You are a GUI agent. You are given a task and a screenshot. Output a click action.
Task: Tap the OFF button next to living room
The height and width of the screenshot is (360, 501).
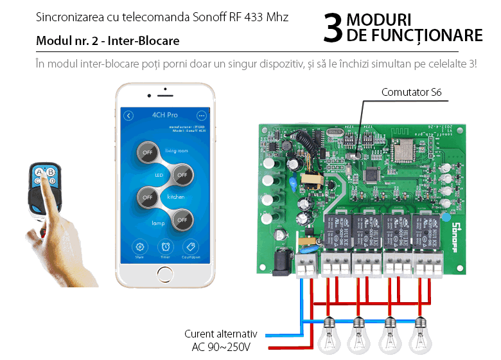pos(148,152)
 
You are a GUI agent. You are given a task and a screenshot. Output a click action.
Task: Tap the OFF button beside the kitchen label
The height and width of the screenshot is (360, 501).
pos(148,197)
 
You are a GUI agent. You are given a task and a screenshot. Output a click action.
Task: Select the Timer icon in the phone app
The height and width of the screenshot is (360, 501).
pos(165,248)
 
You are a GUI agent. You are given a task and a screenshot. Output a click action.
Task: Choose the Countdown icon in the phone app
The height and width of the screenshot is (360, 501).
pos(190,248)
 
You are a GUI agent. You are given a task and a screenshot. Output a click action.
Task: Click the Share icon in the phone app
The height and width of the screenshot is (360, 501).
pos(139,248)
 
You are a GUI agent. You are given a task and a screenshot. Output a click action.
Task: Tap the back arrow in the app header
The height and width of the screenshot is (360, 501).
pos(129,116)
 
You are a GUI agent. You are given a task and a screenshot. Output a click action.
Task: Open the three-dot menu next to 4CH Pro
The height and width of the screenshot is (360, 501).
pos(201,116)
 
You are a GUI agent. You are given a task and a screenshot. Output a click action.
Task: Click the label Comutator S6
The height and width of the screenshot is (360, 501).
pos(411,93)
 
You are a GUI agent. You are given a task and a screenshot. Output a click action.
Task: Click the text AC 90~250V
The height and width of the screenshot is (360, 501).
pos(220,347)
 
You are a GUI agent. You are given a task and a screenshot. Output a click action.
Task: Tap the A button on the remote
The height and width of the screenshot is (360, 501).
pos(39,172)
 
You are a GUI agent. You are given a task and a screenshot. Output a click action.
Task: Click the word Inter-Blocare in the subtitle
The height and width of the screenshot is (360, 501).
pos(143,41)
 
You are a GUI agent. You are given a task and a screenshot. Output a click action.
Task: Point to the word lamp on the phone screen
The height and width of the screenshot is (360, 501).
pos(158,223)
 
